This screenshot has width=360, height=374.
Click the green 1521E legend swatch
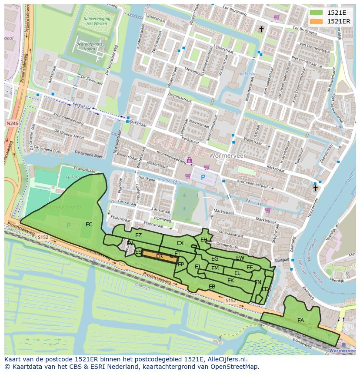(x=316, y=13)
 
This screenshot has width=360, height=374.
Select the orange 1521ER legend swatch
(x=316, y=21)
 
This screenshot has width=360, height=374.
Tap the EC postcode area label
(x=89, y=225)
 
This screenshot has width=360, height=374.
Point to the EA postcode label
(x=300, y=321)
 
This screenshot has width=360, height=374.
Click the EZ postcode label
(x=138, y=235)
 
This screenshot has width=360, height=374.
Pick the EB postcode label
(x=212, y=287)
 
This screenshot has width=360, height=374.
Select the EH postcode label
(x=204, y=239)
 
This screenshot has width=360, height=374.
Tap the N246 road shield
(x=12, y=124)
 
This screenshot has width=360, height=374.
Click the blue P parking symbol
(x=203, y=177)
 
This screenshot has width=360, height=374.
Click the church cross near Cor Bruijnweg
(x=261, y=29)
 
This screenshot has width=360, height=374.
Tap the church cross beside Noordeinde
(x=315, y=188)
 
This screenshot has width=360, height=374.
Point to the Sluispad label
(x=282, y=260)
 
